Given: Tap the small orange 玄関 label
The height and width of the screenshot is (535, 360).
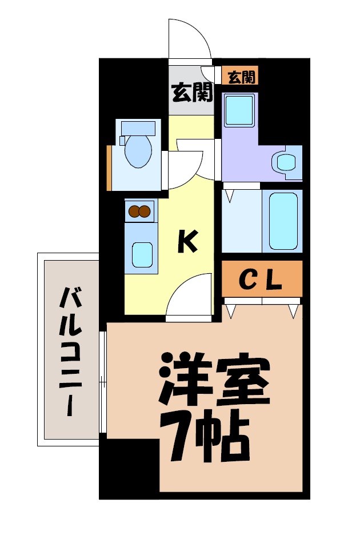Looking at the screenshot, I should click(241, 77).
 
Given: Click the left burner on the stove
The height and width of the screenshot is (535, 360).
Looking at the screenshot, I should click(135, 211).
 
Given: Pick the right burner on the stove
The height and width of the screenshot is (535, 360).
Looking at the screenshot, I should click(145, 211).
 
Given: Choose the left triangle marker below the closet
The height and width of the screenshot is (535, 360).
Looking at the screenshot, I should click(231, 311).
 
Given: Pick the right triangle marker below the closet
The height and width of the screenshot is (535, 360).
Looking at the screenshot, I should click(293, 311).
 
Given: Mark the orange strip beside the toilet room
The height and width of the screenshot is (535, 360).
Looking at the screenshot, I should click(109, 168).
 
